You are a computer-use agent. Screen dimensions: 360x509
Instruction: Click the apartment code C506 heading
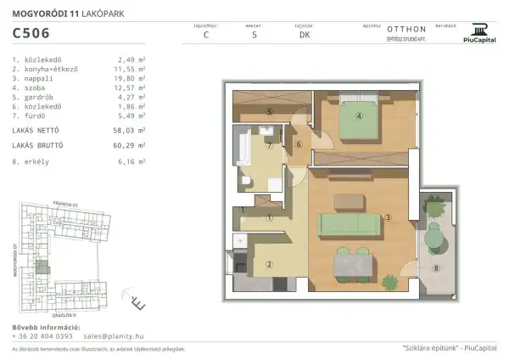[31, 34]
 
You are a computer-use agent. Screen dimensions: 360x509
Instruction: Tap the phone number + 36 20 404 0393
[42, 336]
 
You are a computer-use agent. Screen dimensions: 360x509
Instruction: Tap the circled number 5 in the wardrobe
[268, 112]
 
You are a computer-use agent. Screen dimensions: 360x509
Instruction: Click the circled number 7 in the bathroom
[269, 145]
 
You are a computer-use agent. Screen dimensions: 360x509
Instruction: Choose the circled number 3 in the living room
[388, 218]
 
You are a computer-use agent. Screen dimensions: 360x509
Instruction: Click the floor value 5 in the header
[254, 36]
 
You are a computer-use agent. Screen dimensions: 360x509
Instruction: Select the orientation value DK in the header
[304, 36]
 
